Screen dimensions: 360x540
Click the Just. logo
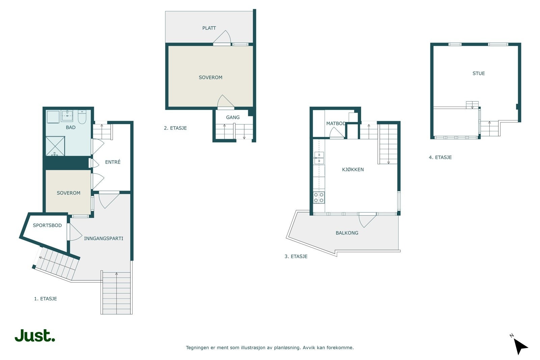tap(35, 336)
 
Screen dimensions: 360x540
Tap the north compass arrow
tap(520, 346)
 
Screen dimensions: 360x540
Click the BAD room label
tap(71, 128)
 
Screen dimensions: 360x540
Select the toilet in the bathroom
tap(82, 117)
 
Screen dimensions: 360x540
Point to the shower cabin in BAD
tap(55, 146)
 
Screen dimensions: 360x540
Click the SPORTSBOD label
tap(47, 225)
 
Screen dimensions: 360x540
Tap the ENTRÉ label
tap(113, 162)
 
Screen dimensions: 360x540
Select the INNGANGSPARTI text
tap(104, 239)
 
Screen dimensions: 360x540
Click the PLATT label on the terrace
tap(209, 28)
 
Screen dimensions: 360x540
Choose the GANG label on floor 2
tap(233, 117)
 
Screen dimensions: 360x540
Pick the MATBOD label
tap(336, 123)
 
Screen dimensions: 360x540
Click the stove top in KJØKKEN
tap(319, 198)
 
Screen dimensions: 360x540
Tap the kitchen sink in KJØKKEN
tap(319, 158)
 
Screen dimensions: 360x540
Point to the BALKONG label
tap(347, 233)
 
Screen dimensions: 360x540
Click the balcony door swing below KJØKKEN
tap(367, 220)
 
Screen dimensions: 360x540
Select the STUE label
tap(479, 74)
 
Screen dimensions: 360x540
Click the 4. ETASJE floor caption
tap(440, 158)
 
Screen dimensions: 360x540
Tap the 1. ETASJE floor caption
tap(46, 299)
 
